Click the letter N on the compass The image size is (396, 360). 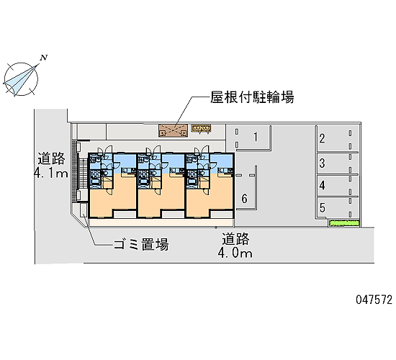coord(44,58)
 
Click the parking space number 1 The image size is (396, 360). coord(256,137)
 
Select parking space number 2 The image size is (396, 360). coord(322,138)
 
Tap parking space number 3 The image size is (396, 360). coord(322,163)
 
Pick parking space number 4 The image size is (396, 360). coord(322,186)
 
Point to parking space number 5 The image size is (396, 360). coord(322,207)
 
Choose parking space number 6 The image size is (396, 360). coord(244,199)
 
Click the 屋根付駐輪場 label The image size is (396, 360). coord(252,97)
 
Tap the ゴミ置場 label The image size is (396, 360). coord(141,244)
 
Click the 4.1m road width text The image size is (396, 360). coord(51,174)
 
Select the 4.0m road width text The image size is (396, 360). coord(235,253)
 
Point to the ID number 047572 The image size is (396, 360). coord(374,300)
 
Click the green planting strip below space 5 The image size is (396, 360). coord(344,223)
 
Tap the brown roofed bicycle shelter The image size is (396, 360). coord(174,130)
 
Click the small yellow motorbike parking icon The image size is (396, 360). coord(201,129)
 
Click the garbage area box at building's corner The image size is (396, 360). coord(84,210)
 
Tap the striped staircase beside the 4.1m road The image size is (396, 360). coord(81,174)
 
